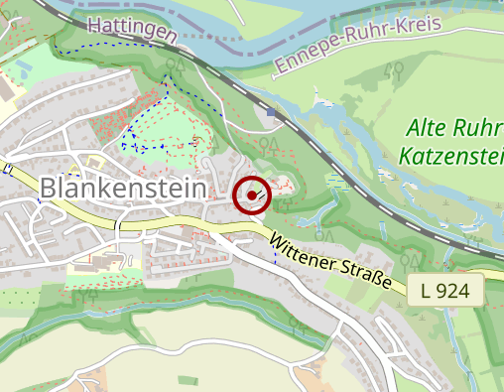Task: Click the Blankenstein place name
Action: point(124,188)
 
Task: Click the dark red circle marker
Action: point(252,196)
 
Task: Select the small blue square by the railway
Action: point(272,113)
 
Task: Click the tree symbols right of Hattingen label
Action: point(177,65)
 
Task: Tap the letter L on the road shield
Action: point(426,291)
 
